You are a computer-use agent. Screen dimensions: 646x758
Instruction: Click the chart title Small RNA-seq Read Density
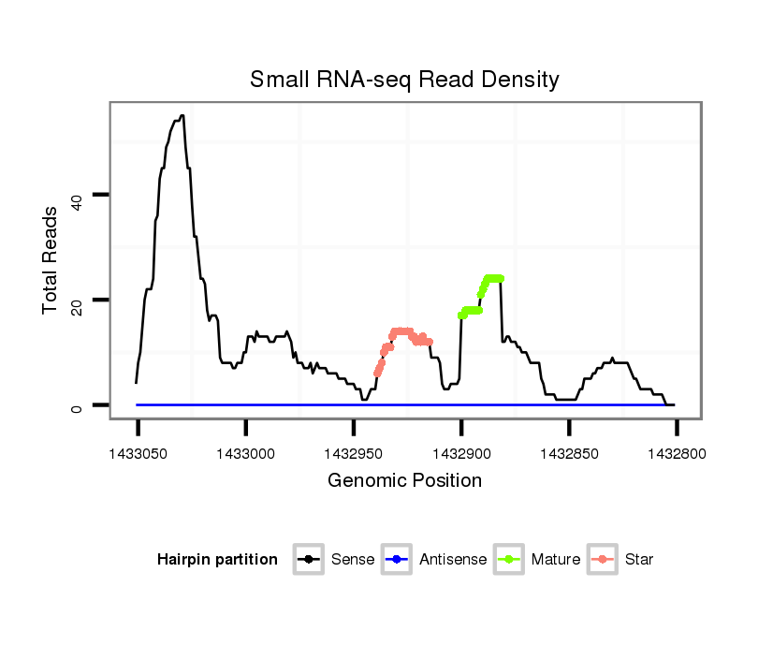click(404, 80)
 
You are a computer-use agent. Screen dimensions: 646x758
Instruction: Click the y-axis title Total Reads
click(51, 259)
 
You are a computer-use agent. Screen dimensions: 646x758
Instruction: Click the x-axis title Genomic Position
click(404, 481)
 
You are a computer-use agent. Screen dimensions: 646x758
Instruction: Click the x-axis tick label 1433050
click(138, 453)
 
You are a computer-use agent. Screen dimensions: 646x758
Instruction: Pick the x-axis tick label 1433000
click(245, 453)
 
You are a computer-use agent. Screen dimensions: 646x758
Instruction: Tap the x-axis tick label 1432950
click(353, 453)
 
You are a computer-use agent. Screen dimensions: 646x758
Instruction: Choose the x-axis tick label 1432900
click(460, 453)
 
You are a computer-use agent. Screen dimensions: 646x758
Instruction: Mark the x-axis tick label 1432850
click(569, 453)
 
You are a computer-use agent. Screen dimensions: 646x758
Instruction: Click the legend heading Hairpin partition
click(217, 560)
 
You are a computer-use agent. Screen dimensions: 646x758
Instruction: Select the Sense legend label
click(353, 560)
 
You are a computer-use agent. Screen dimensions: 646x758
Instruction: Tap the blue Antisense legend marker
click(396, 560)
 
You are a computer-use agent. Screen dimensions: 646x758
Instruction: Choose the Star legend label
click(639, 560)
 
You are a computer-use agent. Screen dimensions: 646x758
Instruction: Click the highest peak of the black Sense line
click(182, 116)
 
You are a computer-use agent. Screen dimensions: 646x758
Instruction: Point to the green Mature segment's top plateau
click(494, 278)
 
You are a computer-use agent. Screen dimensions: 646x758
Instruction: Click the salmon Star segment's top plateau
click(402, 330)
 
